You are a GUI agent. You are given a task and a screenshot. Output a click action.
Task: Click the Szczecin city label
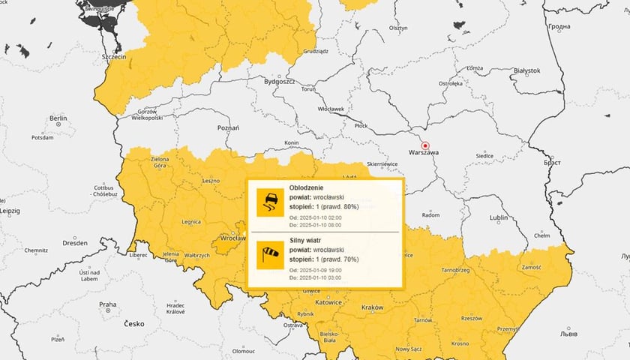[121, 57]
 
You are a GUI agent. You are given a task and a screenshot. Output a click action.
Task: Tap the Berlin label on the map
[58, 118]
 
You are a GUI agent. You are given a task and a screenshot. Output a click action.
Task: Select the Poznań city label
[228, 128]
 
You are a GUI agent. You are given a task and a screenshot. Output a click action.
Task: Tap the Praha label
[108, 304]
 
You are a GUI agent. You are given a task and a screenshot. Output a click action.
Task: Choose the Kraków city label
[372, 307]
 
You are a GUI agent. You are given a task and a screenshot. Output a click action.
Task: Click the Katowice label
[328, 302]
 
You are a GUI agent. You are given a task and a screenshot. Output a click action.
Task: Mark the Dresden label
[75, 243]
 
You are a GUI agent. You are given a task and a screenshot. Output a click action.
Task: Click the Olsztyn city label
[398, 28]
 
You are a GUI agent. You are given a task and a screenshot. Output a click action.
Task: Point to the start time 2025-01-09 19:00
[331, 268]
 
